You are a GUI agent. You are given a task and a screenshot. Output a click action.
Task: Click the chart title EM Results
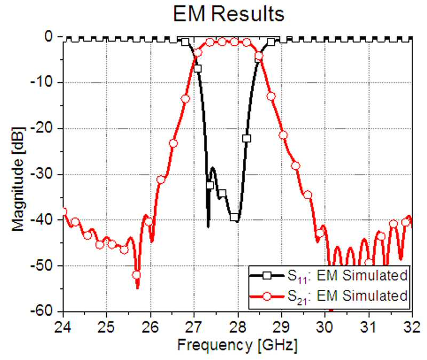tap(229, 14)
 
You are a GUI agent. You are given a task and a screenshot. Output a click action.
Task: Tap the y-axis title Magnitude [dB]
tap(18, 179)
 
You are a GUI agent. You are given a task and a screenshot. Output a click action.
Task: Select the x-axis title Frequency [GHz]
tap(237, 346)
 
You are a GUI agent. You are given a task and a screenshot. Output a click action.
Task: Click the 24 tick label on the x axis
tap(63, 327)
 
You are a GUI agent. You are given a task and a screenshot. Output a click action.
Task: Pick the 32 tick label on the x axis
tap(412, 327)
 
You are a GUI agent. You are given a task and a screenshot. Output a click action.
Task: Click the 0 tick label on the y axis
tap(49, 37)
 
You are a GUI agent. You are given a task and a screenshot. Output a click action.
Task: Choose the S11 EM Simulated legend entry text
tap(347, 276)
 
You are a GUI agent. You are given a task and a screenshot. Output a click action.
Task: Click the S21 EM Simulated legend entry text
tap(347, 296)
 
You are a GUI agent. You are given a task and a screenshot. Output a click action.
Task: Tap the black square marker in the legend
tap(267, 275)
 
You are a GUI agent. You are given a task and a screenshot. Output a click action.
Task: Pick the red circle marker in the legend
tap(267, 296)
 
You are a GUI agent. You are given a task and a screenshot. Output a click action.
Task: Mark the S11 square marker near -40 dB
tap(234, 217)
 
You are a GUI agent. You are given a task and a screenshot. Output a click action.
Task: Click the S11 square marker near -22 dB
tap(247, 138)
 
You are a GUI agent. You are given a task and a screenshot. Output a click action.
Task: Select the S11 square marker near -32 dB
tap(210, 185)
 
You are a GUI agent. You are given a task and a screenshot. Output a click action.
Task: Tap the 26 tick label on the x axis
tap(151, 327)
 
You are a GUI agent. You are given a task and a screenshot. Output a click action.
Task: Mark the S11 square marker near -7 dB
tap(197, 68)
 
